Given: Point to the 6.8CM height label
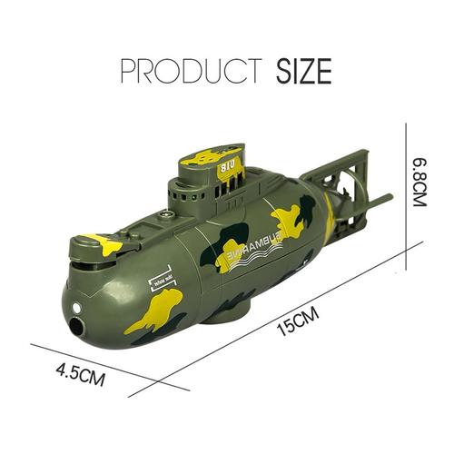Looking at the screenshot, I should [x=419, y=179].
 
